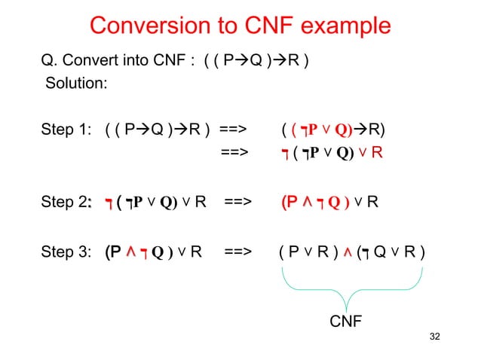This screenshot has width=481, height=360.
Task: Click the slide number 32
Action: coord(433,335)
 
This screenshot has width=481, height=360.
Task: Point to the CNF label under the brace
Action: coord(347,322)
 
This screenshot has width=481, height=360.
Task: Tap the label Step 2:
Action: coord(69,202)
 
